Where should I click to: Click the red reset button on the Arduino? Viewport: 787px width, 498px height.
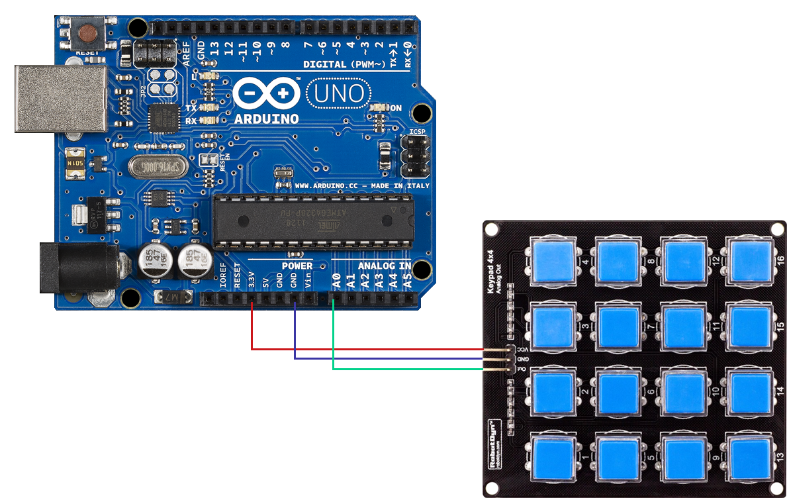coord(87,32)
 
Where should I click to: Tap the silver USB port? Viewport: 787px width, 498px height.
coord(60,98)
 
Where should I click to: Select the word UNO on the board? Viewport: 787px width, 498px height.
coord(338,93)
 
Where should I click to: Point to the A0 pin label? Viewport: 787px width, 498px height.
coord(336,283)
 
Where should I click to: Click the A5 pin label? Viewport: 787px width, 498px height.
coord(408,283)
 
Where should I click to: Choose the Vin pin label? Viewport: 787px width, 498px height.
coord(308,282)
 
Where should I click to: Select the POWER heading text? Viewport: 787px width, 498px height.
coord(297,266)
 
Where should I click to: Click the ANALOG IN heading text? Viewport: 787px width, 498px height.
coord(385,266)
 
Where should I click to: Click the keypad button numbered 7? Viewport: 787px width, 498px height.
coord(618,326)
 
